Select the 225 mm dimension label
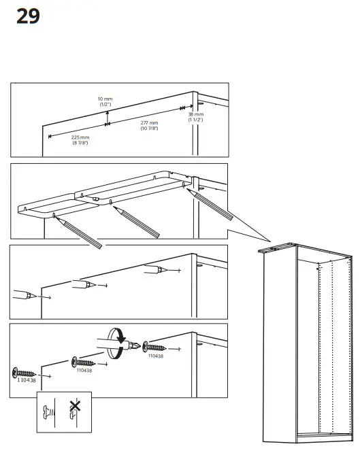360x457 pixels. pyautogui.click(x=80, y=137)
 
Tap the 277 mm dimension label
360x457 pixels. pyautogui.click(x=150, y=123)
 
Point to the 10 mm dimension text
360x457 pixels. pyautogui.click(x=105, y=99)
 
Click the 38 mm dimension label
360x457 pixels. pyautogui.click(x=195, y=115)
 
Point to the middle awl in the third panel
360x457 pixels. pyautogui.click(x=82, y=284)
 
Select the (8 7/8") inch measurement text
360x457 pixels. pyautogui.click(x=80, y=143)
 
